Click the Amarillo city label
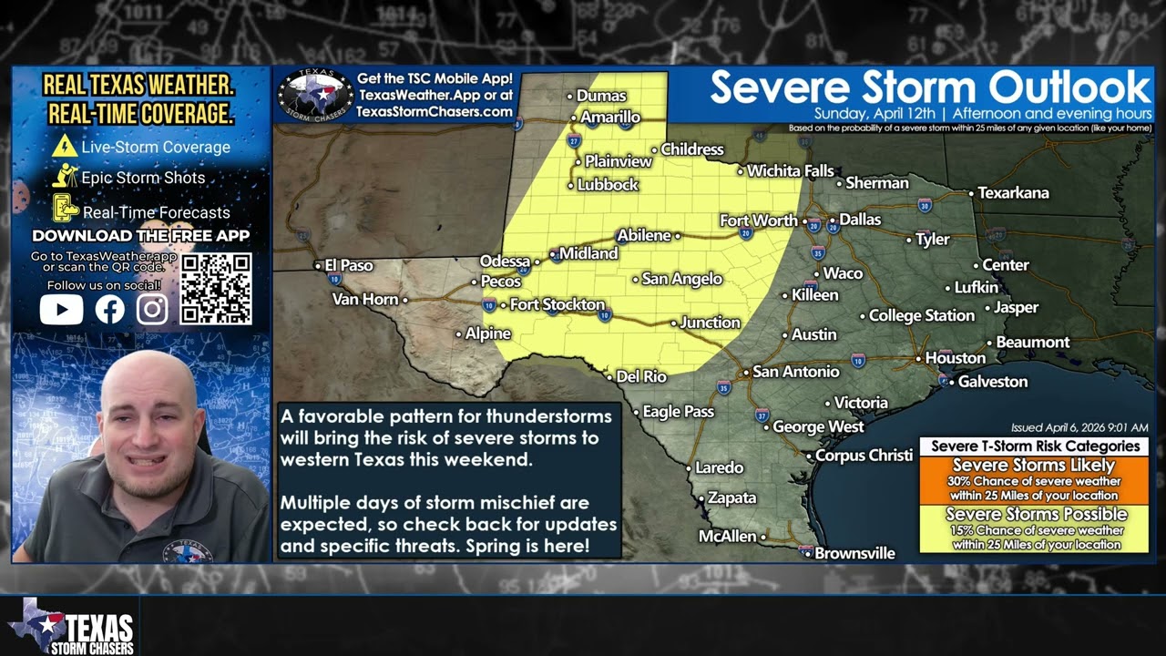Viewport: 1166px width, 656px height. coord(610,118)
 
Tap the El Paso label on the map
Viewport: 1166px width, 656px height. coord(349,266)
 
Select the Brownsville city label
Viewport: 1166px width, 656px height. coord(854,553)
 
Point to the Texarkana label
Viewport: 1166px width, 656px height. coord(1013,193)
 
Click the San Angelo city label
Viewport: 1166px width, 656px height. coord(681,279)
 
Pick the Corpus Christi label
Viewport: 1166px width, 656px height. coord(863,455)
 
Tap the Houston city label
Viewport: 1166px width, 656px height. coord(955,358)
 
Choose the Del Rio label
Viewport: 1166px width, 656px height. coord(641,376)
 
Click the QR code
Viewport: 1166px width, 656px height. coord(216,289)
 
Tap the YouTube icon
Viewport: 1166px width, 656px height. coord(62,310)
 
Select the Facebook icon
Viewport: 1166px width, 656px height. coord(109,310)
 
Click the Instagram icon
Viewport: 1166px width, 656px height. coord(152,310)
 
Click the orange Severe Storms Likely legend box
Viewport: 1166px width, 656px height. coord(1033,479)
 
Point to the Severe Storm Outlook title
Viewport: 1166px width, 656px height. coord(930,87)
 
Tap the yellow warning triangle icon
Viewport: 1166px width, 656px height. coord(65,146)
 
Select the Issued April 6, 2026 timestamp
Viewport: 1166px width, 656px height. coord(1079,427)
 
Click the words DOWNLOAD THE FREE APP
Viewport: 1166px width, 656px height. coord(140,236)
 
